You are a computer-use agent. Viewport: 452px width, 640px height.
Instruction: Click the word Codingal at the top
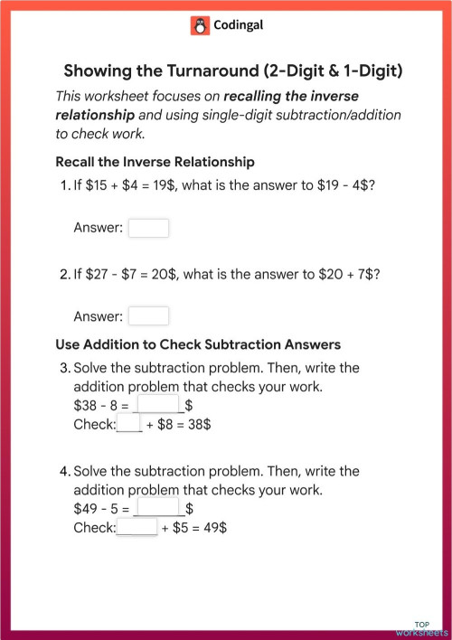pyautogui.click(x=238, y=26)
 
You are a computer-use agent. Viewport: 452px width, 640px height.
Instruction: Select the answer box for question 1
pyautogui.click(x=148, y=228)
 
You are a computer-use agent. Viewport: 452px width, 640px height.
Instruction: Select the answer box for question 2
pyautogui.click(x=148, y=315)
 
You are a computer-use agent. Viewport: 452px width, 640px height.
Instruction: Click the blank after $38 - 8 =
pyautogui.click(x=158, y=405)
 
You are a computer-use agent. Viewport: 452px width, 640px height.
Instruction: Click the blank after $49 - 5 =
pyautogui.click(x=158, y=509)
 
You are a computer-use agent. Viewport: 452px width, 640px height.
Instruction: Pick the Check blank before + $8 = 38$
pyautogui.click(x=129, y=423)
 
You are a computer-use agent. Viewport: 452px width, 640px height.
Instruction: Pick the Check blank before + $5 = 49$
pyautogui.click(x=137, y=527)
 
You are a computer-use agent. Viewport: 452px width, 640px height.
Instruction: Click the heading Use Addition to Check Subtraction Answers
pyautogui.click(x=198, y=344)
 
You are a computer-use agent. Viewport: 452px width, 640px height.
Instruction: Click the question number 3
pyautogui.click(x=64, y=369)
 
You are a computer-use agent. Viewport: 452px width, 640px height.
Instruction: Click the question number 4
pyautogui.click(x=64, y=472)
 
